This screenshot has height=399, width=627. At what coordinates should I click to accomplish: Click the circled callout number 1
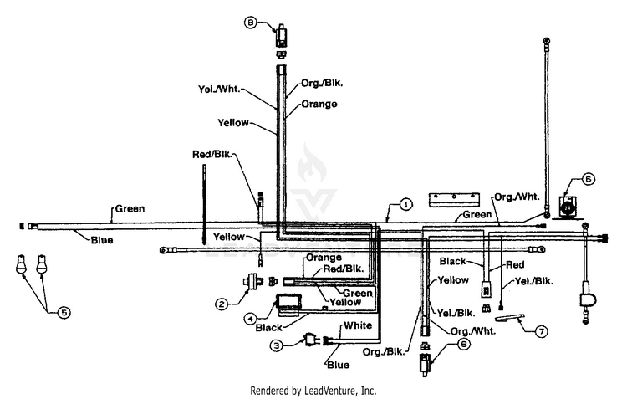pyautogui.click(x=405, y=204)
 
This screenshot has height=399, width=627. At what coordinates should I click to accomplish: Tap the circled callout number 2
pyautogui.click(x=222, y=304)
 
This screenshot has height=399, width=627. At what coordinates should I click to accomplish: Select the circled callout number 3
pyautogui.click(x=277, y=345)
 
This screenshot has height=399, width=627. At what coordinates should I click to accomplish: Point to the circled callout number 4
pyautogui.click(x=250, y=319)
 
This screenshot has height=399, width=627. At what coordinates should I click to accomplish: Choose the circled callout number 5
pyautogui.click(x=64, y=313)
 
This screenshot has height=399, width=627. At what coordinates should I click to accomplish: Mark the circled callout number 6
pyautogui.click(x=588, y=179)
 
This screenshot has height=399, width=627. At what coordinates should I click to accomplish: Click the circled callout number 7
pyautogui.click(x=541, y=331)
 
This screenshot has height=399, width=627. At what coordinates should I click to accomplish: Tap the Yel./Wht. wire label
pyautogui.click(x=219, y=89)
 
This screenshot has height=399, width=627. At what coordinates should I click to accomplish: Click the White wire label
pyautogui.click(x=358, y=325)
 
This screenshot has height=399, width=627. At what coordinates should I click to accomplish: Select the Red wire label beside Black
pyautogui.click(x=515, y=264)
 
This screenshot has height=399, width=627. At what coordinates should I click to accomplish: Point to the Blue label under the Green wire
pyautogui.click(x=102, y=240)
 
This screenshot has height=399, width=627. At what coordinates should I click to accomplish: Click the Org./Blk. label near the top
pyautogui.click(x=322, y=84)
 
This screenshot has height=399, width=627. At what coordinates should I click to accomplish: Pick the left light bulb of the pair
pyautogui.click(x=22, y=263)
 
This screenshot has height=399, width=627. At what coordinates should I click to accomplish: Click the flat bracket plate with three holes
pyautogui.click(x=454, y=200)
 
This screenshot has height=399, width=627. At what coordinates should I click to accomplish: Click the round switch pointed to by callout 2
pyautogui.click(x=253, y=279)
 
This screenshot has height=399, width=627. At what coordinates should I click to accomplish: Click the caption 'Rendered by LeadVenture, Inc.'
pyautogui.click(x=313, y=390)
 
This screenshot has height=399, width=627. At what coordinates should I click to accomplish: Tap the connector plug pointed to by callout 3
pyautogui.click(x=311, y=340)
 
